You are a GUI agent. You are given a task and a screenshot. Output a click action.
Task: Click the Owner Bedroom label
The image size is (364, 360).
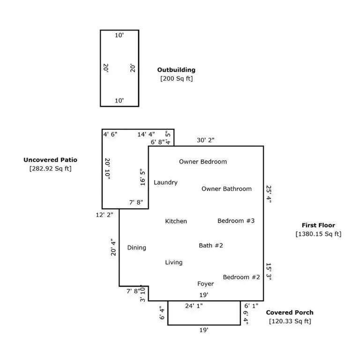pyautogui.click(x=202, y=162)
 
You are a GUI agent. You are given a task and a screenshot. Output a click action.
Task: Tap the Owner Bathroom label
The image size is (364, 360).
pyautogui.click(x=226, y=189)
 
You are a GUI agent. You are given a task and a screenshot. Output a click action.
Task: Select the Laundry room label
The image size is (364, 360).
pyautogui.click(x=165, y=182)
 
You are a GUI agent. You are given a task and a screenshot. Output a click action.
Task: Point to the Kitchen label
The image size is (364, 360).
pyautogui.click(x=176, y=221)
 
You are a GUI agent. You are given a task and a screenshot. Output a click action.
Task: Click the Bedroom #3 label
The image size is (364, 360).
pyautogui.click(x=236, y=221)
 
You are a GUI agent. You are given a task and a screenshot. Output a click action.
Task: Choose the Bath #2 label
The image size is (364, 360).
pyautogui.click(x=210, y=245)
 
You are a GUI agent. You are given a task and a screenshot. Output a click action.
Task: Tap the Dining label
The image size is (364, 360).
pyautogui.click(x=136, y=247)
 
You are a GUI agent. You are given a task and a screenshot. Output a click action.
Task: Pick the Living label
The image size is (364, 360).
pyautogui.click(x=173, y=262)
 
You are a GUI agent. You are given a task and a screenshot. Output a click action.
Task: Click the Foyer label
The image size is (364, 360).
pyautogui.click(x=205, y=284)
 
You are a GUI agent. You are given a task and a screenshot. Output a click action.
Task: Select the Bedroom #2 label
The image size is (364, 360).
pyautogui.click(x=241, y=277)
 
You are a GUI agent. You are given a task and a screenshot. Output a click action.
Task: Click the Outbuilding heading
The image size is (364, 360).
pyautogui.click(x=176, y=70)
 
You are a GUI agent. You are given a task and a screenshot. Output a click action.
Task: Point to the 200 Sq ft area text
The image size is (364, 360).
pyautogui.click(x=176, y=79)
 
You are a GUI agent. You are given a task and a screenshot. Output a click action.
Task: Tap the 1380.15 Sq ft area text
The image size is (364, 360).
pyautogui.click(x=318, y=234)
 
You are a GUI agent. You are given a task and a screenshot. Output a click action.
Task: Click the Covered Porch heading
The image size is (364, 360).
pyautogui.click(x=290, y=313)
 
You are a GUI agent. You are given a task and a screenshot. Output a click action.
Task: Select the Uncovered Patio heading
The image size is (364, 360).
pyautogui.click(x=50, y=160)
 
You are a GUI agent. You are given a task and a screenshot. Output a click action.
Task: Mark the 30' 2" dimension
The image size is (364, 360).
pyautogui.click(x=206, y=140)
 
